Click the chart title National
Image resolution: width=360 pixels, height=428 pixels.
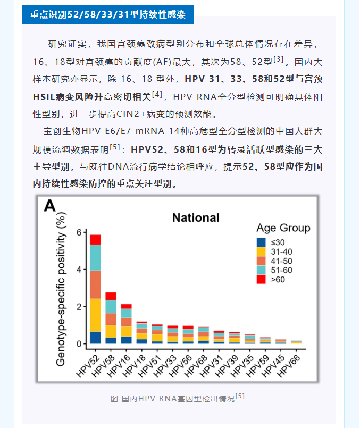click(196, 217)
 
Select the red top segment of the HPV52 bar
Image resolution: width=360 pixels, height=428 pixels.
click(96, 240)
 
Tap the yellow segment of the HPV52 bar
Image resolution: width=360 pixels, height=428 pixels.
click(96, 315)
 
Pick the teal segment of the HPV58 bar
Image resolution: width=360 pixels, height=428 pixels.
click(111, 307)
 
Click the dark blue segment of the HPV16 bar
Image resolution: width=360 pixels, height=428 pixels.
click(127, 340)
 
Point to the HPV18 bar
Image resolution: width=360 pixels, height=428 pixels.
click(142, 333)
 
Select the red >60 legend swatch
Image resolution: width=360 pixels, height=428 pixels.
click(261, 279)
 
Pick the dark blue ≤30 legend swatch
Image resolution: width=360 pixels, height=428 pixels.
click(261, 242)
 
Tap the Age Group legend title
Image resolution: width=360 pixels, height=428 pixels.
click(283, 228)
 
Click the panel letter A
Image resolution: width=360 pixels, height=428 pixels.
click(49, 206)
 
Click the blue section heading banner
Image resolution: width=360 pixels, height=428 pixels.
click(108, 14)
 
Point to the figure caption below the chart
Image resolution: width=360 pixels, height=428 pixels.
click(178, 398)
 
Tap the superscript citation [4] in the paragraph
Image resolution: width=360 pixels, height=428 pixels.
click(157, 95)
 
